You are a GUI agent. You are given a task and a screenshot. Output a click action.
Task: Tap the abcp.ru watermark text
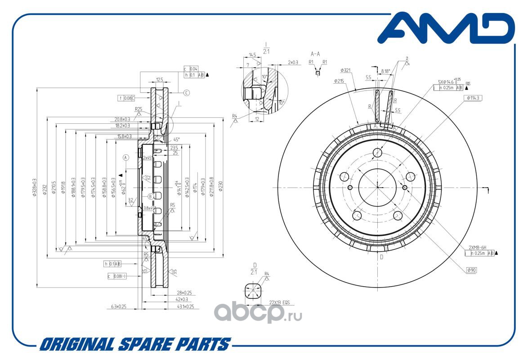tap(257, 311)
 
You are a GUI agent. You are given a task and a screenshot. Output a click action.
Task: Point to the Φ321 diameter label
tap(345, 70)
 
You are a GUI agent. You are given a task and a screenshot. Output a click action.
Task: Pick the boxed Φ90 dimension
tap(471, 270)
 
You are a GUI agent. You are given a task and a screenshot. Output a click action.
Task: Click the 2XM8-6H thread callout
tap(478, 247)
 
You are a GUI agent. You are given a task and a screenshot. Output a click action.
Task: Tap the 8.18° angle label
tap(385, 71)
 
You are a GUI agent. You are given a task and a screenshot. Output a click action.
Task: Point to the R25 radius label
tap(139, 109)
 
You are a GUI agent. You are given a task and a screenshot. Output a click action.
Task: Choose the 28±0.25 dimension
tap(184, 293)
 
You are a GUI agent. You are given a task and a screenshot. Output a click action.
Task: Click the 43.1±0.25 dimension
tap(184, 306)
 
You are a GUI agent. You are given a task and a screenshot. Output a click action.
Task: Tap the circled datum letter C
tap(187, 93)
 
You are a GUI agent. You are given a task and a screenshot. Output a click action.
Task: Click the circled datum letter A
tap(126, 157)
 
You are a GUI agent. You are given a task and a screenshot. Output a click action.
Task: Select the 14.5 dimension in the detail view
tap(252, 55)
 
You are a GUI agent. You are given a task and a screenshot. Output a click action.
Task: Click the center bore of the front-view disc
tap(377, 187)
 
